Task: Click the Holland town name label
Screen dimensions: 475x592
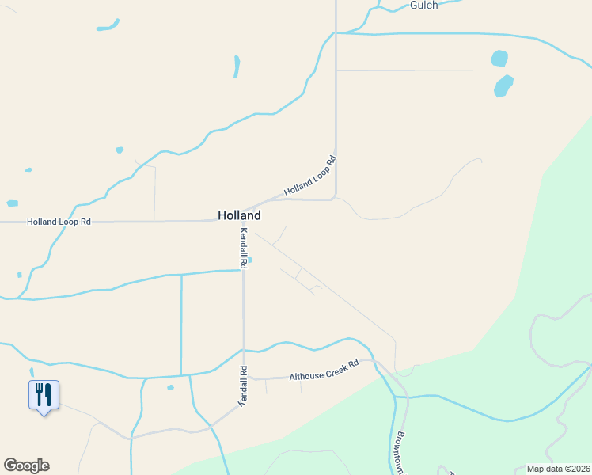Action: pyautogui.click(x=239, y=215)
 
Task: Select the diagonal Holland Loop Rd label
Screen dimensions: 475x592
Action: pyautogui.click(x=310, y=176)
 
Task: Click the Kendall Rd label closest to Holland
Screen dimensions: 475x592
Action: pyautogui.click(x=244, y=248)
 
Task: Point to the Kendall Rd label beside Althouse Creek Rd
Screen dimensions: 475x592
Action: pyautogui.click(x=243, y=386)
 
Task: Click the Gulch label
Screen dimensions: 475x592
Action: pyautogui.click(x=424, y=5)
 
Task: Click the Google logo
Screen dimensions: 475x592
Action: pyautogui.click(x=26, y=465)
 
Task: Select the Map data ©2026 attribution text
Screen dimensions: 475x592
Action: pyautogui.click(x=558, y=469)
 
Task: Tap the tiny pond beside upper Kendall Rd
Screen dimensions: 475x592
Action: pyautogui.click(x=250, y=259)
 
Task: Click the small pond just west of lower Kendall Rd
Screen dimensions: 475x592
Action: pyautogui.click(x=170, y=387)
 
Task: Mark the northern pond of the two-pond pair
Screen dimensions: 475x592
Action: pyautogui.click(x=499, y=59)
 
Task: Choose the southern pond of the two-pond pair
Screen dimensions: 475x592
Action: pyautogui.click(x=503, y=85)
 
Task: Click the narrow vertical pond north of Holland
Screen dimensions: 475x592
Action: pyautogui.click(x=236, y=66)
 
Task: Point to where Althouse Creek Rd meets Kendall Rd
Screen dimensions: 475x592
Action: pyautogui.click(x=244, y=380)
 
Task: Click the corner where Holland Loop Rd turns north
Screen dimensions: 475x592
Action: pyautogui.click(x=336, y=197)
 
